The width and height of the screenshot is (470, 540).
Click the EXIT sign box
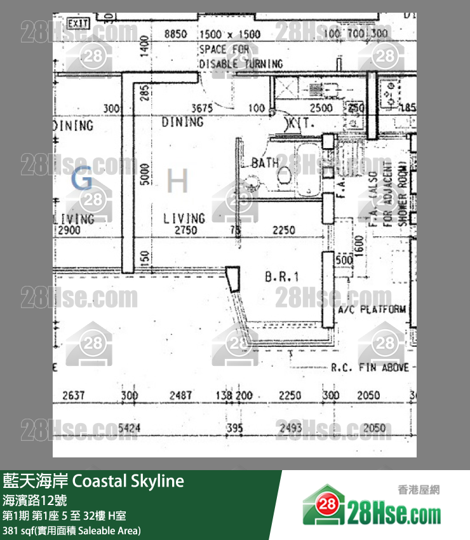point(78,24)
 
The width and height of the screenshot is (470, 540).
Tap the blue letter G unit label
point(82,180)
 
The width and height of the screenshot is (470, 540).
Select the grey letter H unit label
point(177,182)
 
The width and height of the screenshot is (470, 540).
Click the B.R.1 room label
point(281,277)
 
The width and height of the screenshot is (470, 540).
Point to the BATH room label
point(264,163)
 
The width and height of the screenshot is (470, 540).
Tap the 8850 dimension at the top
point(175,34)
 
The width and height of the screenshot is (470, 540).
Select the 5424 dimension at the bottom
point(129,428)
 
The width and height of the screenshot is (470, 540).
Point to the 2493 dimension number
point(290,428)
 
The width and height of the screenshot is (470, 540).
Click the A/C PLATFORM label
point(372,310)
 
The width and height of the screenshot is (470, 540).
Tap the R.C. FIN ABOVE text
point(370,367)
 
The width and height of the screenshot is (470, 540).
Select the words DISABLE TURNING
point(241,64)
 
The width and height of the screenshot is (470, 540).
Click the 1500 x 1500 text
point(229,34)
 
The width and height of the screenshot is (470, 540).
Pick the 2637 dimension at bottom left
point(74,396)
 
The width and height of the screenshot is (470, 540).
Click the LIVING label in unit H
point(184,218)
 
